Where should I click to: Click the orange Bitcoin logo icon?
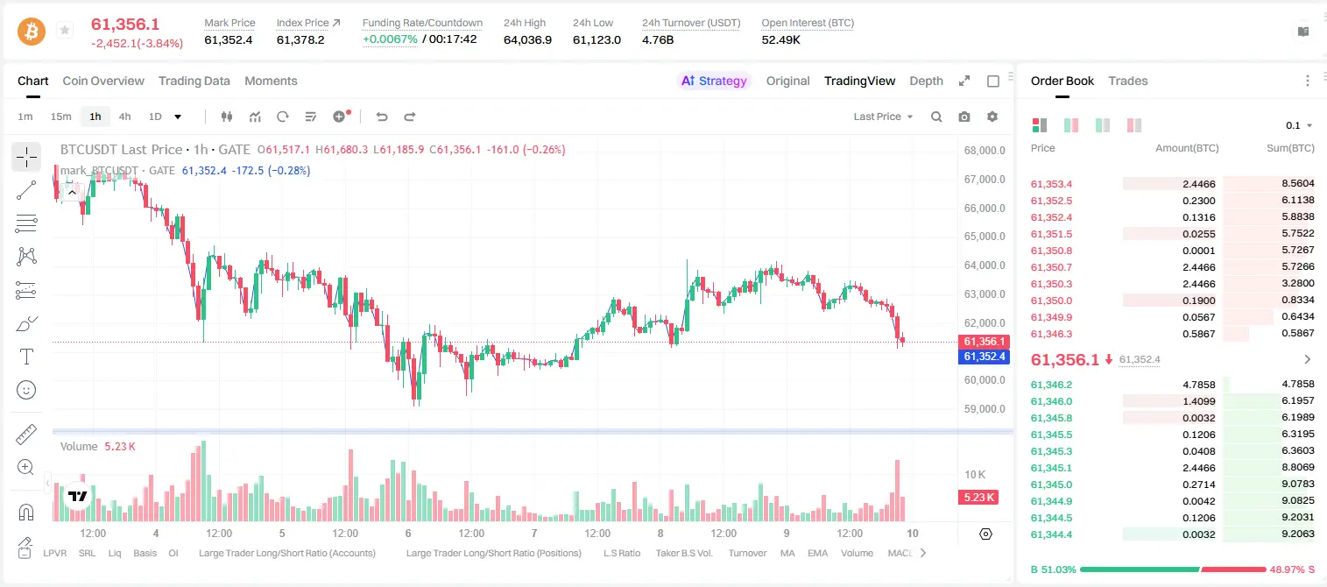tap(32, 32)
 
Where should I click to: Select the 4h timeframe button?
tap(124, 117)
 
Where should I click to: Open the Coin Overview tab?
tap(103, 81)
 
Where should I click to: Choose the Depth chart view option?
tap(926, 81)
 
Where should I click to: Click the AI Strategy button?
tap(714, 81)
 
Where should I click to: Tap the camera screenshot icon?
tap(964, 117)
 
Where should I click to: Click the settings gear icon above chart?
tap(992, 117)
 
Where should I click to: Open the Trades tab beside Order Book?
tap(1128, 81)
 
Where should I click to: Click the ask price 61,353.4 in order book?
tap(1052, 184)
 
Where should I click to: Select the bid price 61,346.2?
tap(1052, 385)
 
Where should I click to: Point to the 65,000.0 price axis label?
tap(985, 237)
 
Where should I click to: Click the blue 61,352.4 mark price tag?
tap(984, 357)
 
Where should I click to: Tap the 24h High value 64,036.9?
tap(527, 39)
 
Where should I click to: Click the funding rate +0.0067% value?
tap(390, 39)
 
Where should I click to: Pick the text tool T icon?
tap(26, 357)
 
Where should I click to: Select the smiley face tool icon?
tap(26, 390)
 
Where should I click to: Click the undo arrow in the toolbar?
tap(382, 117)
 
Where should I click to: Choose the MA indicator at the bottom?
tap(787, 553)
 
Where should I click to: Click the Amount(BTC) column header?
tap(1187, 148)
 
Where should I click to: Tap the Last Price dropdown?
tap(883, 117)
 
